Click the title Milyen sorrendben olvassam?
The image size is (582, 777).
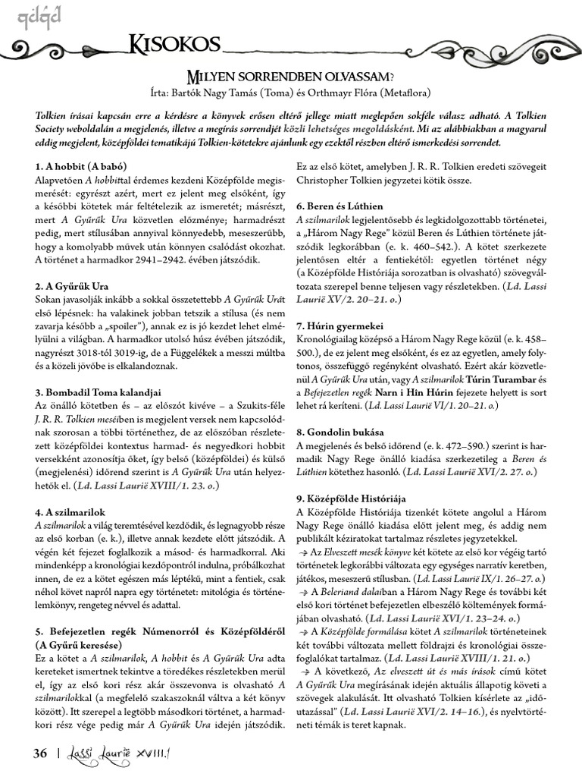pyautogui.click(x=291, y=77)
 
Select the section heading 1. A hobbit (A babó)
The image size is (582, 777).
pyautogui.click(x=80, y=165)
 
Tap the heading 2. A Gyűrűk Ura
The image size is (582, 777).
pyautogui.click(x=72, y=287)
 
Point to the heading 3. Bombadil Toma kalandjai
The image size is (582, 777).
pyautogui.click(x=99, y=392)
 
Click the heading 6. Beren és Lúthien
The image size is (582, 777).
pyautogui.click(x=339, y=206)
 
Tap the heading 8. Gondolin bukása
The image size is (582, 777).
pyautogui.click(x=341, y=432)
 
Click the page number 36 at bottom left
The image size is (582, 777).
pyautogui.click(x=40, y=753)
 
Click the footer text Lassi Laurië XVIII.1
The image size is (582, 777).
pyautogui.click(x=121, y=753)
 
